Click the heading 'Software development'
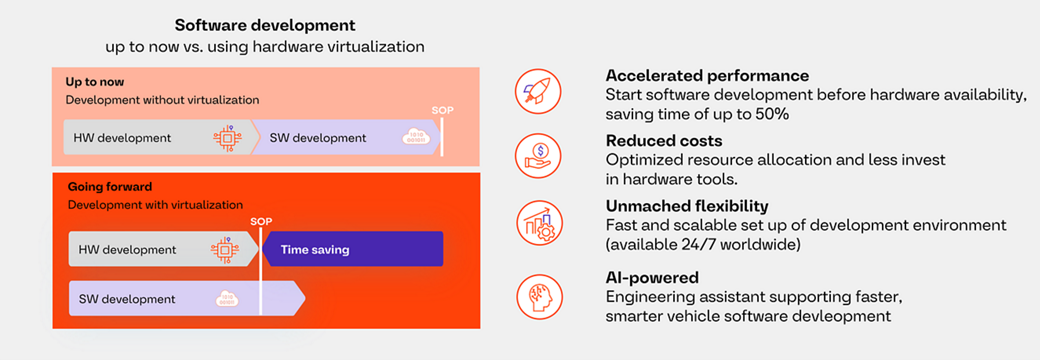[x=265, y=25]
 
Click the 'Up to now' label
[x=95, y=82]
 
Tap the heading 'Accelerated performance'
[x=707, y=76]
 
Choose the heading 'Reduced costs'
[x=664, y=141]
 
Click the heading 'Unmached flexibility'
[x=687, y=207]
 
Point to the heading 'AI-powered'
[x=652, y=277]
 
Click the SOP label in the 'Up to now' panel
[x=442, y=110]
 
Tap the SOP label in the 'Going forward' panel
[x=260, y=222]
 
